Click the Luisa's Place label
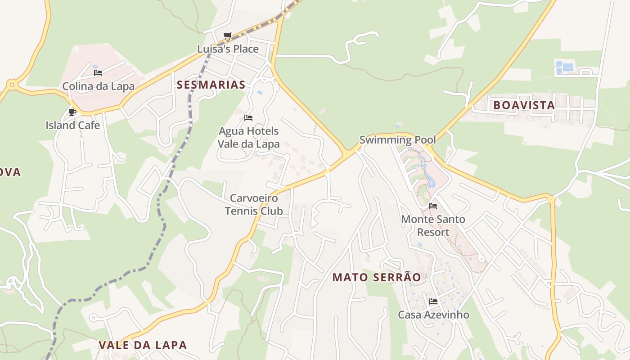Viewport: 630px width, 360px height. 228,49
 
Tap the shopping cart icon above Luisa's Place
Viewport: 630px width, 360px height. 228,36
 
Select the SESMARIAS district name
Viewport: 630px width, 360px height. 211,85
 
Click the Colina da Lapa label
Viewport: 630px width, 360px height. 98,86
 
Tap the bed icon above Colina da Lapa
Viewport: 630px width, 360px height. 98,73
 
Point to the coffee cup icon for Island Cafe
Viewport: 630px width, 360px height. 72,112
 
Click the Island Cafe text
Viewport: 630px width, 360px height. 72,125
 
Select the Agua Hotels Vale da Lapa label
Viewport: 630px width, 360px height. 248,138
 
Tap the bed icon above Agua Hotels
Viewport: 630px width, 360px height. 248,118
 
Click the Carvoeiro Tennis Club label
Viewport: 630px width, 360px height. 254,204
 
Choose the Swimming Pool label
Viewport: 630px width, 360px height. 398,140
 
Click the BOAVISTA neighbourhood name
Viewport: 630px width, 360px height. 524,105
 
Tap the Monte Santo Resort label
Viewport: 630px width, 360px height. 433,226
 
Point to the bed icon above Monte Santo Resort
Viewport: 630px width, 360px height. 433,206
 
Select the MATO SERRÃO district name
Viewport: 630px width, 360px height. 377,278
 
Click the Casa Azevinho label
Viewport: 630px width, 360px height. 433,315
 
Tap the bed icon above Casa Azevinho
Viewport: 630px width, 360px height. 433,301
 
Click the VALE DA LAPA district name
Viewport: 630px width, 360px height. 143,345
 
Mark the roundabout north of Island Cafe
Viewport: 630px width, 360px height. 11,84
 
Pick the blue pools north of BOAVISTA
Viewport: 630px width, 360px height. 563,67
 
